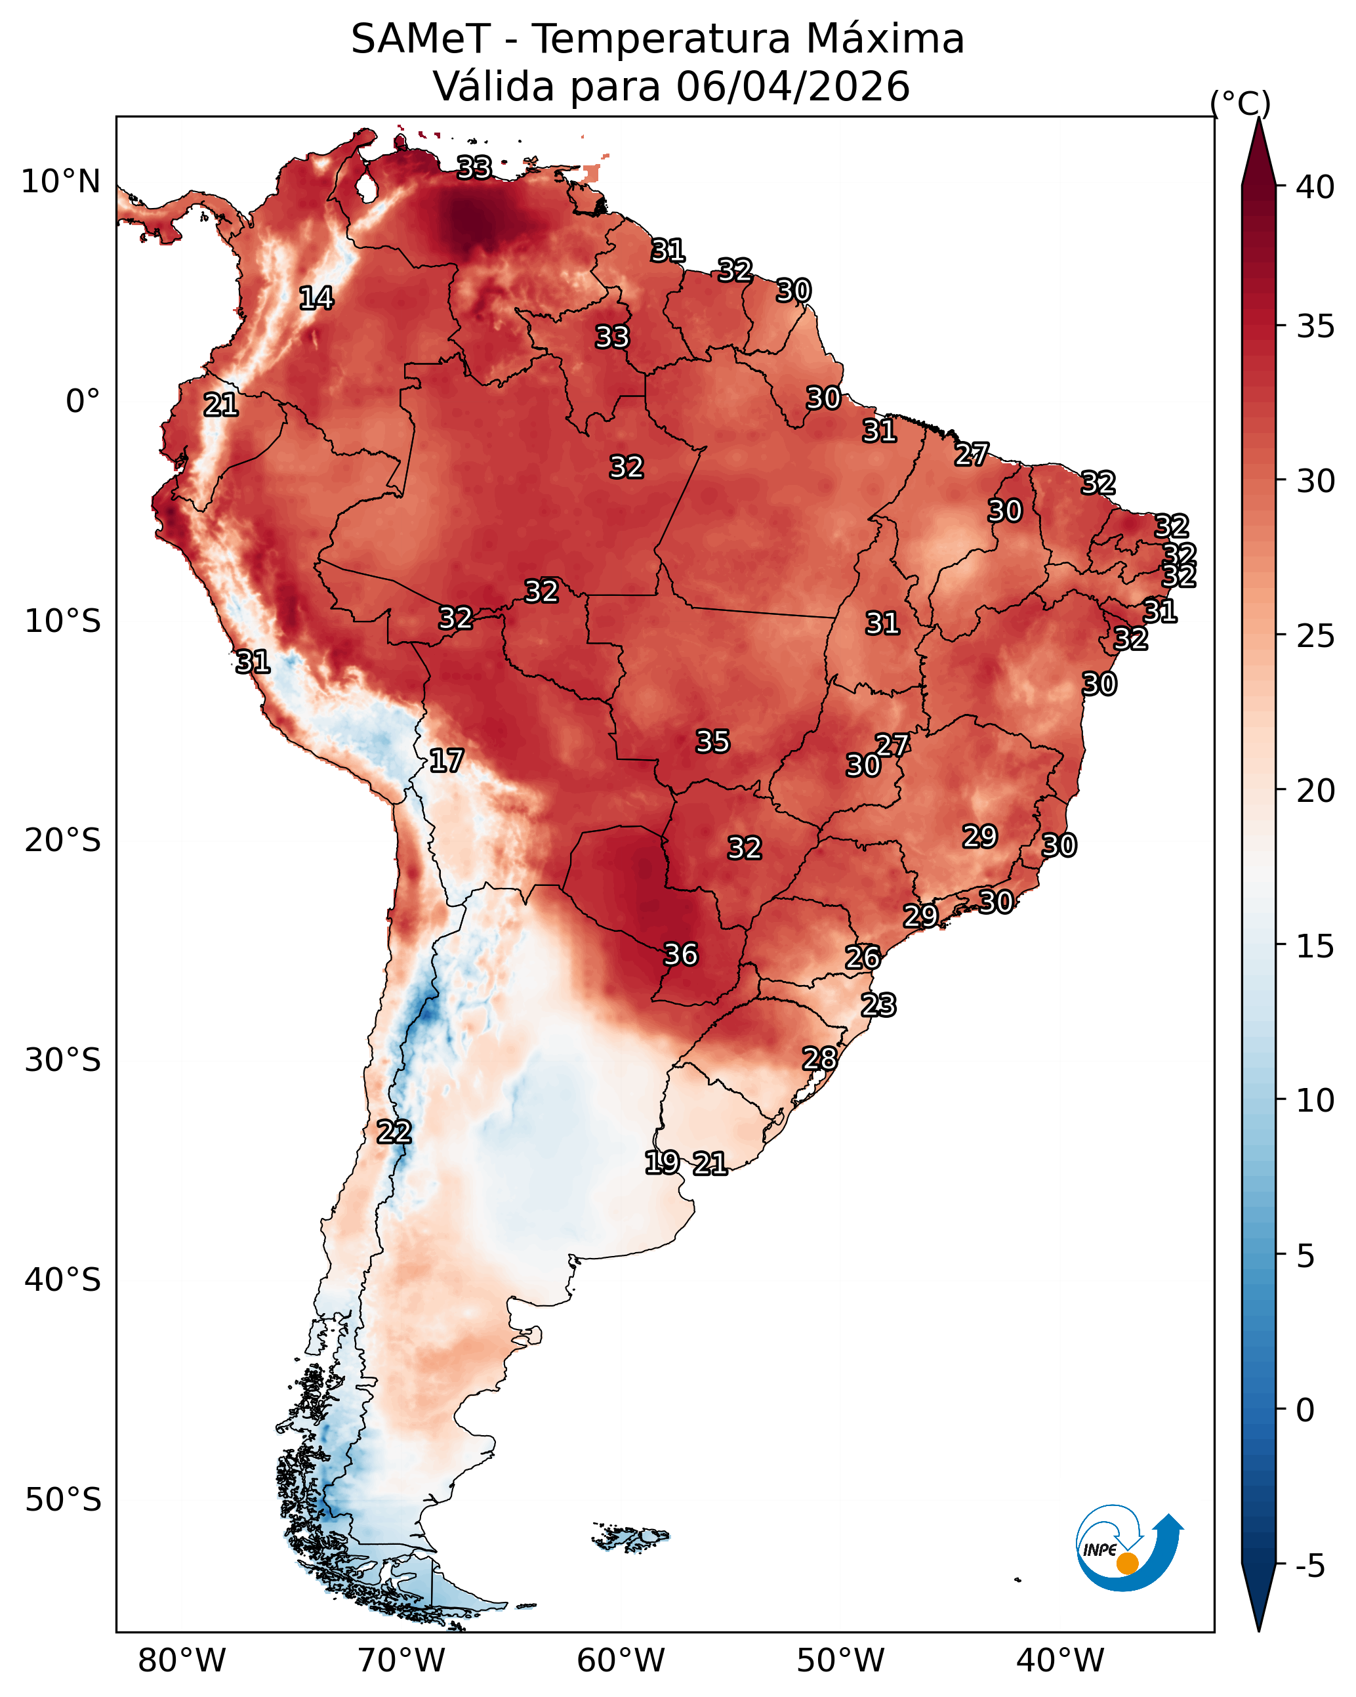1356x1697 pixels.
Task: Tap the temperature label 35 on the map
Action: (713, 742)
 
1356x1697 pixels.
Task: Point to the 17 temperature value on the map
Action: (446, 761)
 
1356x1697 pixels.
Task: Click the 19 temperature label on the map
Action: (662, 1162)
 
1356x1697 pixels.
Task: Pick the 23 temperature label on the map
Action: (878, 1005)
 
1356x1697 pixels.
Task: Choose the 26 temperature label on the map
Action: (863, 958)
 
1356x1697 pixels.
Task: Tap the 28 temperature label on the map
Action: (819, 1058)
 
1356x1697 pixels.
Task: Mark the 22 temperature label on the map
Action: (394, 1132)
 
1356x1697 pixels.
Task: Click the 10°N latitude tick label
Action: (60, 182)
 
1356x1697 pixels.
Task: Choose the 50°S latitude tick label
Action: (63, 1499)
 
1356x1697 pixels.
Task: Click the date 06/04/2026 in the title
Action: (793, 86)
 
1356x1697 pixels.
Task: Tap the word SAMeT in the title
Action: (421, 39)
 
